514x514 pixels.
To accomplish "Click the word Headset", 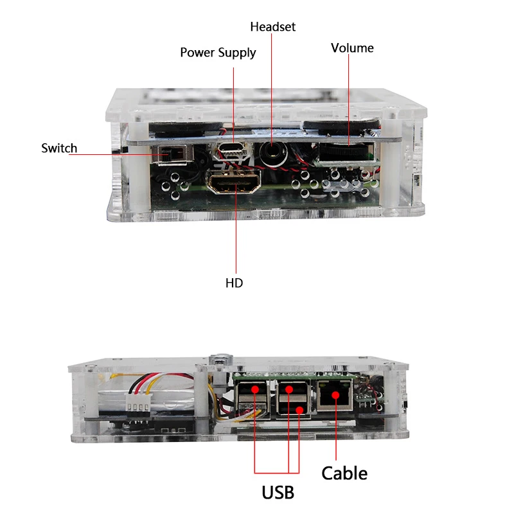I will [272, 27].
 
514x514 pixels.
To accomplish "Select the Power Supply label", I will [218, 53].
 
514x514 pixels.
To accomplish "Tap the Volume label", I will [352, 48].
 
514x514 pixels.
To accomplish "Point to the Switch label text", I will [59, 148].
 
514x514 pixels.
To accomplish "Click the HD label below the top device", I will [234, 283].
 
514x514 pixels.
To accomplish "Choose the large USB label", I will [278, 493].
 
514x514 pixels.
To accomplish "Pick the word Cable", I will [344, 474].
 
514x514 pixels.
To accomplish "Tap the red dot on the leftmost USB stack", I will [255, 389].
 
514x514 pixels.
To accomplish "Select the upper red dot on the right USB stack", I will [288, 389].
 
